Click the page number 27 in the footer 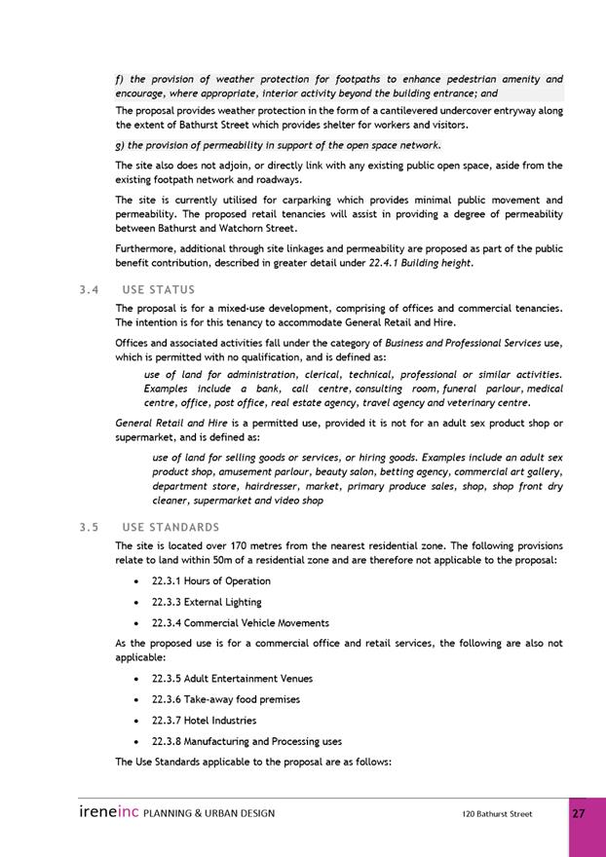click(579, 813)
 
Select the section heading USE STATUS click(159, 289)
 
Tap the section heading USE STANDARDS click(170, 528)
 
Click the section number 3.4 click(90, 289)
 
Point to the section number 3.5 click(90, 528)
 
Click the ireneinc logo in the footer click(109, 813)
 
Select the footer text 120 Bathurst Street click(497, 814)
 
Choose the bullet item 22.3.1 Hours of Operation click(211, 581)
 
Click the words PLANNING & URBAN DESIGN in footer click(208, 813)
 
